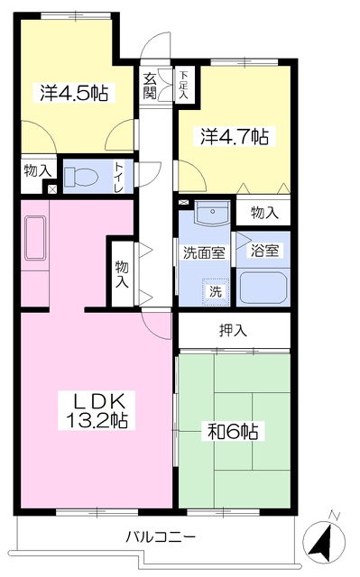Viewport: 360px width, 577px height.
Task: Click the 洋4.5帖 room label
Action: (74, 92)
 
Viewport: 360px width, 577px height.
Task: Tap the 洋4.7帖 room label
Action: (234, 136)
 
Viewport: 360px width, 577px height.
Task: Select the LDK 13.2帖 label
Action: (97, 410)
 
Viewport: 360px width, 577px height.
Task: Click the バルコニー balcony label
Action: (160, 537)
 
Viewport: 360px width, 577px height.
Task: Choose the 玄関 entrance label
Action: (150, 87)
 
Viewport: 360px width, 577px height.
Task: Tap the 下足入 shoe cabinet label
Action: (183, 85)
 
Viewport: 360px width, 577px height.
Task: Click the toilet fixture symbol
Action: (81, 177)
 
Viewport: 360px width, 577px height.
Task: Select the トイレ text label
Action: (118, 177)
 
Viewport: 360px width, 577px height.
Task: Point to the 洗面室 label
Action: (204, 252)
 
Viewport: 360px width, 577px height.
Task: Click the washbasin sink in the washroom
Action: (212, 213)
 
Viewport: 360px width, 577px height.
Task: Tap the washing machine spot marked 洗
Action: (216, 292)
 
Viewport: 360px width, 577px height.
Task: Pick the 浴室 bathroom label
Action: (264, 251)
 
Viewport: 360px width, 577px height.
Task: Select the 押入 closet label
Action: (234, 330)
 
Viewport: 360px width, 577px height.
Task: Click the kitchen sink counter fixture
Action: (35, 238)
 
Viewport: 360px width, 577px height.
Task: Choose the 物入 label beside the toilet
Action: (37, 170)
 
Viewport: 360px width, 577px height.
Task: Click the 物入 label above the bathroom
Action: (264, 213)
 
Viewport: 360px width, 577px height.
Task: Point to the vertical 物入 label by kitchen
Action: (122, 274)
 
